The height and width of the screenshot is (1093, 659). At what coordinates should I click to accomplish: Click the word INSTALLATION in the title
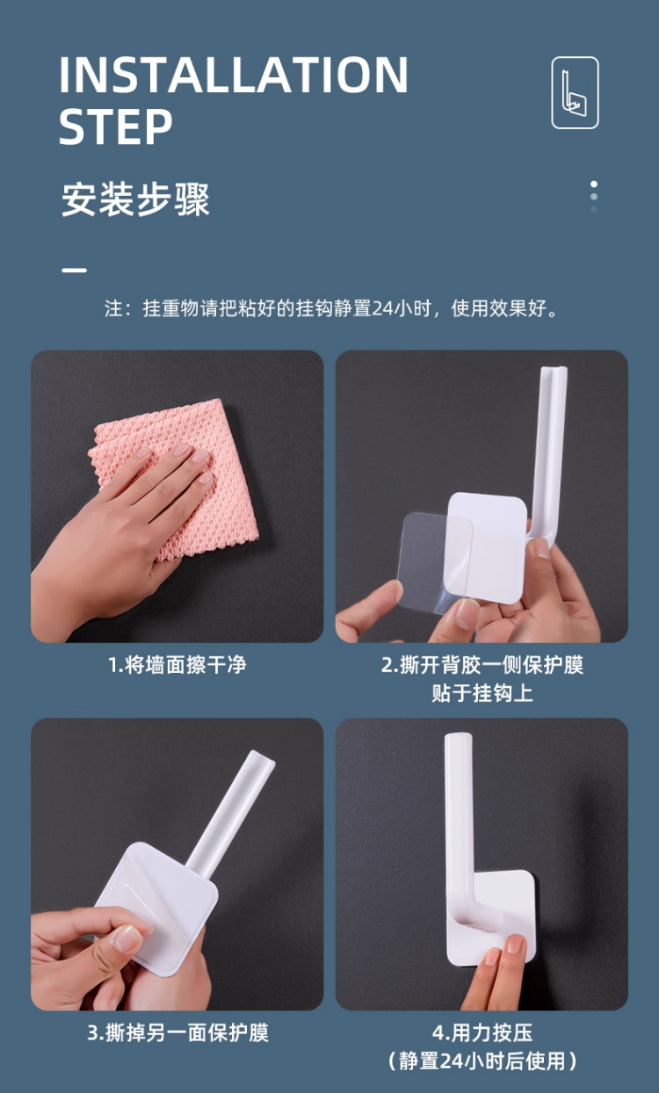click(x=234, y=74)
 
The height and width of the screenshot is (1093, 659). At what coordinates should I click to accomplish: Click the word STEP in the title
click(x=116, y=127)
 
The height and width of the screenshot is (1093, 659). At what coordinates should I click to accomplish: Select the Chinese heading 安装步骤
click(x=135, y=199)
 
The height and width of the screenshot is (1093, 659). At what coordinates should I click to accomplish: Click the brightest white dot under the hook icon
click(x=594, y=184)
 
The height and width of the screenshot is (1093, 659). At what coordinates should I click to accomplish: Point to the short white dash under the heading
click(x=74, y=270)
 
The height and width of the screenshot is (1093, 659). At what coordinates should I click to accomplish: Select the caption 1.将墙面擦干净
click(x=177, y=665)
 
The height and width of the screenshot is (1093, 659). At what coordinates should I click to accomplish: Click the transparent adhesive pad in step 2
click(x=434, y=561)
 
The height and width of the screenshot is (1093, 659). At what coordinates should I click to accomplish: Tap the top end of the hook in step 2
click(x=554, y=370)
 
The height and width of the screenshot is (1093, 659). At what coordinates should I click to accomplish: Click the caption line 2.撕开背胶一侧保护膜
click(x=482, y=665)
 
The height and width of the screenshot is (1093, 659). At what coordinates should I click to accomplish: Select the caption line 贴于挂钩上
click(x=482, y=693)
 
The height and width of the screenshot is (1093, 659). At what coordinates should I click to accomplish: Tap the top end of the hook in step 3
click(x=262, y=757)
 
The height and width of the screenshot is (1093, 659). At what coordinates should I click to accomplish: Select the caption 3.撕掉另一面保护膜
click(x=177, y=1033)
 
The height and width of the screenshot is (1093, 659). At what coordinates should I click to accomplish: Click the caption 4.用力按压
click(x=482, y=1033)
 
